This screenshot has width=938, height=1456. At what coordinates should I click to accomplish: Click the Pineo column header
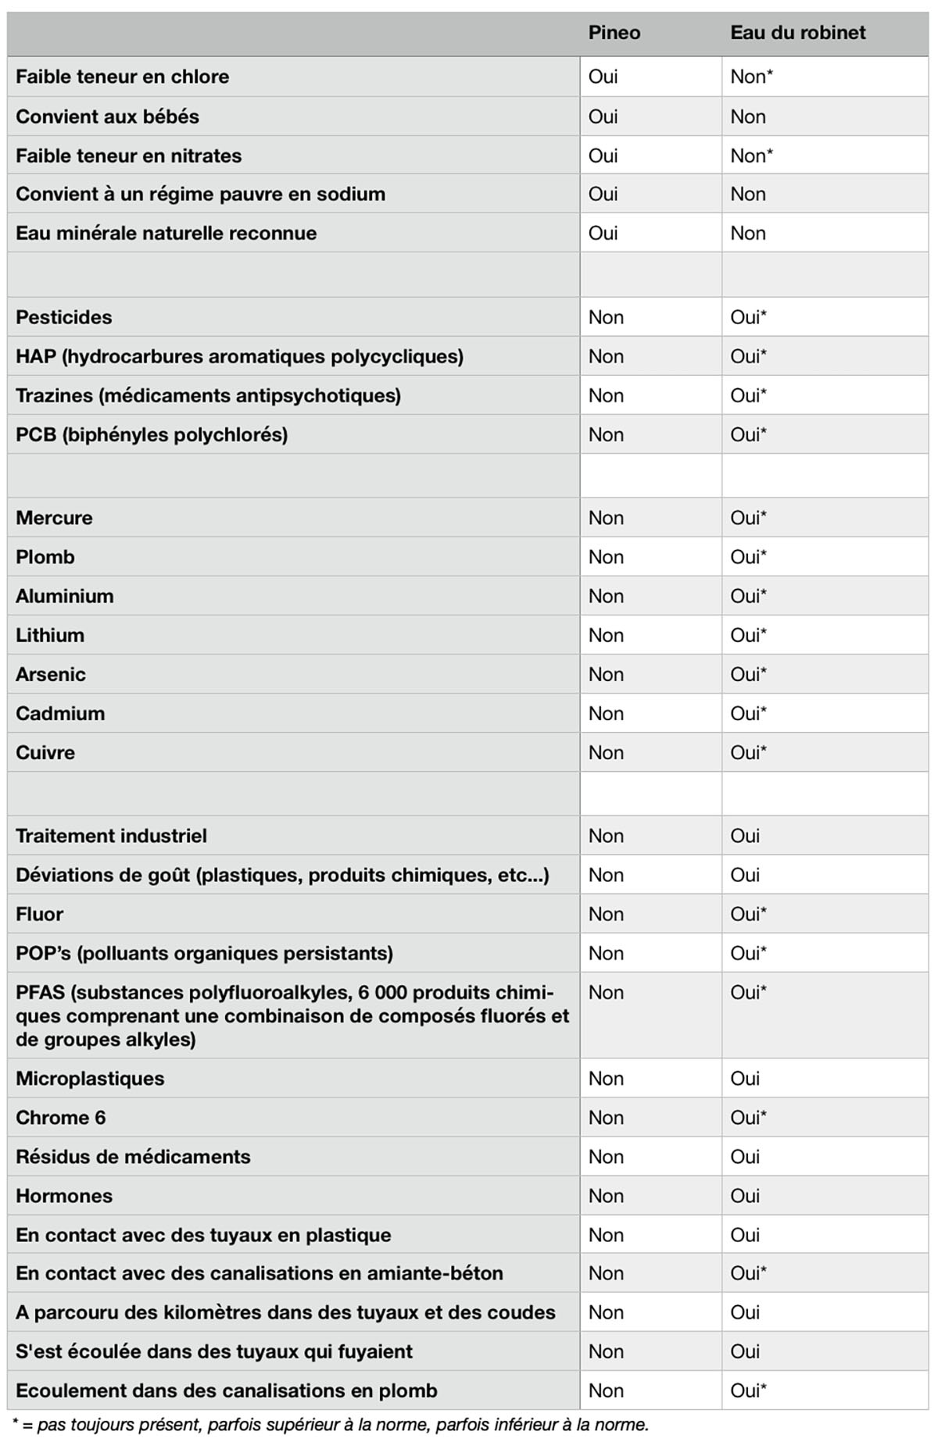click(x=614, y=33)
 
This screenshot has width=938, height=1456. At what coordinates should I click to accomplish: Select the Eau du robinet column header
click(x=798, y=33)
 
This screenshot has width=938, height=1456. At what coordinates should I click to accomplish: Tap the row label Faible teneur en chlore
click(x=123, y=77)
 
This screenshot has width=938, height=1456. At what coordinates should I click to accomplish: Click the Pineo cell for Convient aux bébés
click(x=603, y=116)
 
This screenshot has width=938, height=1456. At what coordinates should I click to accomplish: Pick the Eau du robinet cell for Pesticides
click(x=748, y=317)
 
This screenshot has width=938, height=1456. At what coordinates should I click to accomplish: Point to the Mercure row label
click(x=54, y=518)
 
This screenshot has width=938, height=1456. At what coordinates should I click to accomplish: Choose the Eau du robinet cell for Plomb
click(x=748, y=557)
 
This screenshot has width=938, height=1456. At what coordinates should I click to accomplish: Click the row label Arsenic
click(x=51, y=674)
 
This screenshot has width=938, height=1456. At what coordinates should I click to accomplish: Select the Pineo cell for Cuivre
click(x=606, y=752)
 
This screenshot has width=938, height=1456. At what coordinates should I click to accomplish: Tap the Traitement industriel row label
click(x=112, y=836)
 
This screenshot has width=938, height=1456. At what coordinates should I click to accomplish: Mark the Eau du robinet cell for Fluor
click(x=748, y=914)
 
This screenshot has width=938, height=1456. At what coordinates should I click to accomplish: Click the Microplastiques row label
click(x=90, y=1079)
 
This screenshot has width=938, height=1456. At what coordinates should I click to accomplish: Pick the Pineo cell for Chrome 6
click(x=606, y=1118)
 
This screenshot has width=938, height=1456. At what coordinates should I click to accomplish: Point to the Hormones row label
click(x=64, y=1196)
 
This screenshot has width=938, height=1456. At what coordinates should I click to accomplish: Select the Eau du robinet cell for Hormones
click(x=745, y=1196)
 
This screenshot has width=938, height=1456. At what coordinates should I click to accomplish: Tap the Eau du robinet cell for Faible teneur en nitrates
click(x=751, y=155)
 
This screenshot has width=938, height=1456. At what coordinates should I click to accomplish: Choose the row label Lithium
click(x=50, y=635)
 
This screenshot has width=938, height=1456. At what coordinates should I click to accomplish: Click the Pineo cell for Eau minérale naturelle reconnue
click(x=603, y=233)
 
